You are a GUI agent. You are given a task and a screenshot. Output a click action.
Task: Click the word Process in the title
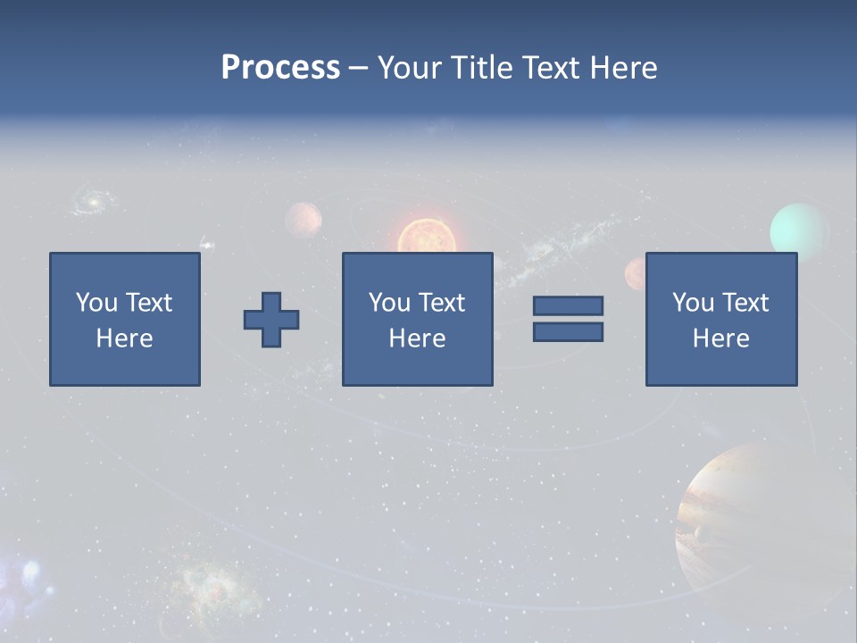[x=280, y=68]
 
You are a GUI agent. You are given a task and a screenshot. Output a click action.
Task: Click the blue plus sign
[x=271, y=320]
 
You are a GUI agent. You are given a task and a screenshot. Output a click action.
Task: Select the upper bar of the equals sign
[x=568, y=305]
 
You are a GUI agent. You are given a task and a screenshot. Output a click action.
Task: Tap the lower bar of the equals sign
[x=568, y=332]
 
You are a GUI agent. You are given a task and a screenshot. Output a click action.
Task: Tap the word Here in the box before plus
[x=125, y=338]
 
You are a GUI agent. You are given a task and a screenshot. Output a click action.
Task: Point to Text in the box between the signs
[x=444, y=303]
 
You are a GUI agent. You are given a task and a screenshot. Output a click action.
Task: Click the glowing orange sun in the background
[x=426, y=237]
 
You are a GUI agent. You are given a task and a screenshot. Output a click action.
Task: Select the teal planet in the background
[x=799, y=230]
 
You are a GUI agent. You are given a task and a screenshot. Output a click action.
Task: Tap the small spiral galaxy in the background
[x=90, y=201]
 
